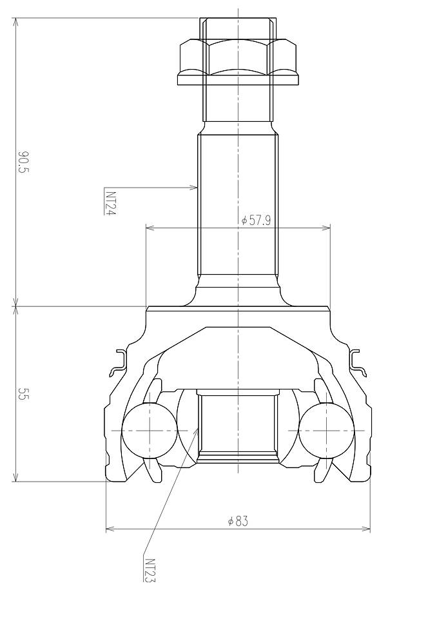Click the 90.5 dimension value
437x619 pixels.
(x=24, y=162)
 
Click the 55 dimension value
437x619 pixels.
(x=24, y=395)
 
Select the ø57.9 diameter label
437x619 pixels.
(x=256, y=220)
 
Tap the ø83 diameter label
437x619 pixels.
(x=238, y=521)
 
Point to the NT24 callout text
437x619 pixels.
(x=110, y=202)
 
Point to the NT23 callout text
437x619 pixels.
(x=150, y=569)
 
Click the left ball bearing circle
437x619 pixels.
(x=149, y=429)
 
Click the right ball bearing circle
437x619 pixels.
(x=326, y=429)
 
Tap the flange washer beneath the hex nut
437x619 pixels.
(x=238, y=80)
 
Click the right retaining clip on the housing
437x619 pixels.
(x=358, y=363)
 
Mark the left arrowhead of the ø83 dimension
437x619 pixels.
(x=109, y=529)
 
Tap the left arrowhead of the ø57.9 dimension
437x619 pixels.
(x=150, y=227)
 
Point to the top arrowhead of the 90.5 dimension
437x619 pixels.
(x=15, y=21)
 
